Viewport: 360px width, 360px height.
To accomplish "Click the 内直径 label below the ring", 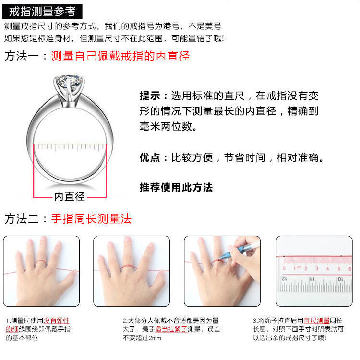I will pyautogui.click(x=70, y=196).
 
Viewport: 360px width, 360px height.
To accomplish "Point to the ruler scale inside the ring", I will pyautogui.click(x=70, y=146).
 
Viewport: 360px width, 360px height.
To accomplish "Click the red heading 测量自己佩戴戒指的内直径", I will pyautogui.click(x=120, y=56).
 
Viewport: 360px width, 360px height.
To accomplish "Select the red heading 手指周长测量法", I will pyautogui.click(x=91, y=219).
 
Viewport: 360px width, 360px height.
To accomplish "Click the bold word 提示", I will pyautogui.click(x=151, y=96).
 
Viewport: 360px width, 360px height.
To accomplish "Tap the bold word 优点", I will pyautogui.click(x=151, y=157).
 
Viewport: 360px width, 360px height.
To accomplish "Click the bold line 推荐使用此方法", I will pyautogui.click(x=176, y=187).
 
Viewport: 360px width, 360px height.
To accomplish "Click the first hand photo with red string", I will pyautogui.click(x=41, y=271).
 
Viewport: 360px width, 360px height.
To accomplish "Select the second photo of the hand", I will pyautogui.click(x=132, y=271).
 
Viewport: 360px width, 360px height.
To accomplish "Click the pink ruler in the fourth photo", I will pyautogui.click(x=317, y=264).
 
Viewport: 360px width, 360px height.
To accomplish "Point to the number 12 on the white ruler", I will pyautogui.click(x=284, y=278).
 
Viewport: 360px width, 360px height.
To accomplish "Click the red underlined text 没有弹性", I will pyautogui.click(x=57, y=321).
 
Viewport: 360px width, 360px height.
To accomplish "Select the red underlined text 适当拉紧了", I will pyautogui.click(x=171, y=329).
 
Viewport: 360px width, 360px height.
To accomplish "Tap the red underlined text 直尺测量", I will pyautogui.click(x=316, y=321).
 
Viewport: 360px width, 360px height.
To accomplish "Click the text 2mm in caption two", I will pyautogui.click(x=155, y=338).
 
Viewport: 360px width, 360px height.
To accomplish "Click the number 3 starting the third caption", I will pyautogui.click(x=254, y=321).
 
